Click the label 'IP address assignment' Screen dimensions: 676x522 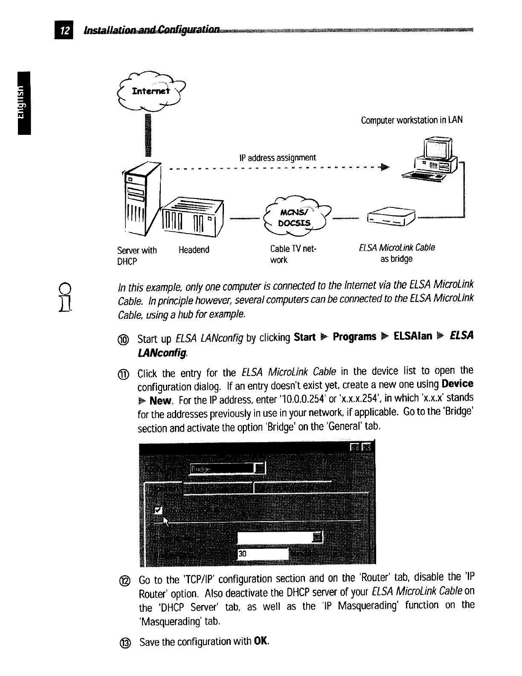pyautogui.click(x=278, y=158)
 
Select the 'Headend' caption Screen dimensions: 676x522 pyautogui.click(x=194, y=250)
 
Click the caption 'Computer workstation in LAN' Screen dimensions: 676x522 pyautogui.click(x=412, y=120)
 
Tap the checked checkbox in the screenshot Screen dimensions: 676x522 pyautogui.click(x=159, y=510)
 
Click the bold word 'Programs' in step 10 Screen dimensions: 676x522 pyautogui.click(x=354, y=337)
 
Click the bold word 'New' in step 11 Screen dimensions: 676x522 pyautogui.click(x=160, y=401)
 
